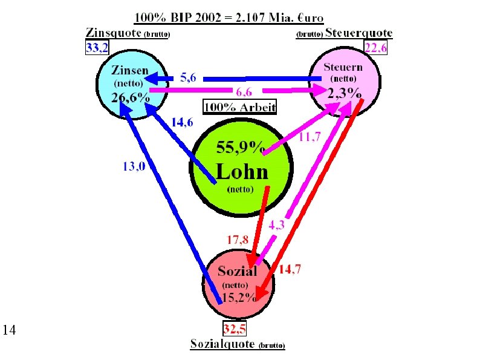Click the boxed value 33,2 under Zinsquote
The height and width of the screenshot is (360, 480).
tap(96, 49)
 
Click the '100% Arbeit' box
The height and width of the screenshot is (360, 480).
tap(239, 108)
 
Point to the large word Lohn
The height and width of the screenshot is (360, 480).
tap(242, 172)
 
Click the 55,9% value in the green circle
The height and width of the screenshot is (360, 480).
tap(241, 146)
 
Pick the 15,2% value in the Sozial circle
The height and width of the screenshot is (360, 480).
tap(239, 296)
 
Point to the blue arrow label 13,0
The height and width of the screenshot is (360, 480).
tap(134, 167)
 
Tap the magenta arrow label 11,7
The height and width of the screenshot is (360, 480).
tap(310, 137)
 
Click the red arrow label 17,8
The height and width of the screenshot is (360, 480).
tap(237, 240)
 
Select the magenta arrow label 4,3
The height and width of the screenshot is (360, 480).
tap(277, 224)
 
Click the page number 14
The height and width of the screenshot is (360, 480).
tap(9, 330)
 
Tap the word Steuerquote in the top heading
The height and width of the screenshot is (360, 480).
tap(359, 33)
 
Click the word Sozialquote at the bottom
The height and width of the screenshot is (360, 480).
tap(223, 344)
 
